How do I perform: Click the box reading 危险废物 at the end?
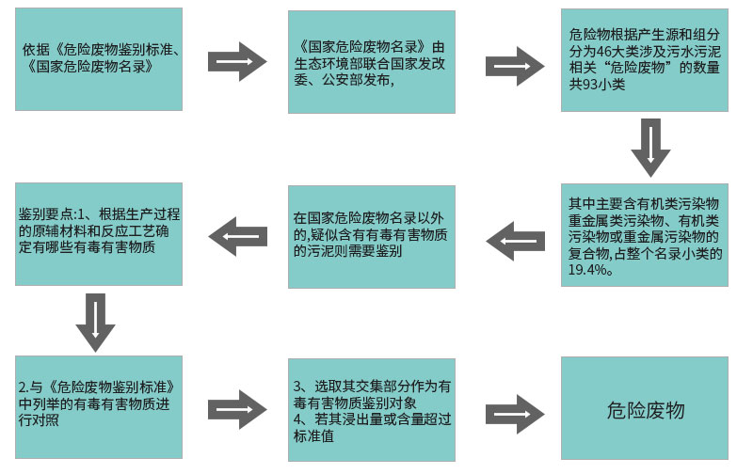[645, 411]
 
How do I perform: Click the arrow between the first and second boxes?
[236, 61]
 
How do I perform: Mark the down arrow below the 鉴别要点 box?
[94, 320]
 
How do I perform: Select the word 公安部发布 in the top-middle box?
[350, 80]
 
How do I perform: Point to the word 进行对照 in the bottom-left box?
[39, 420]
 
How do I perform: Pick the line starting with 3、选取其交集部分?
[371, 387]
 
